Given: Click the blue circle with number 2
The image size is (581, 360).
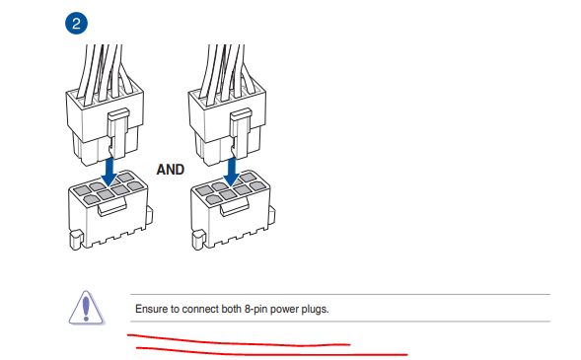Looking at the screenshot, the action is (76, 24).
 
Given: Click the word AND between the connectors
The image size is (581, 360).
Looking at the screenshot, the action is (170, 170).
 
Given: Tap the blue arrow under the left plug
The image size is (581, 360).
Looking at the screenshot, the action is (109, 172).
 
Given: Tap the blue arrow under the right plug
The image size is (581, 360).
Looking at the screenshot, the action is (232, 172).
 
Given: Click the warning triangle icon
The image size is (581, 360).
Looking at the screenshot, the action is (87, 308).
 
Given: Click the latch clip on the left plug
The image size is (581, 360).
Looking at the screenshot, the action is (118, 132).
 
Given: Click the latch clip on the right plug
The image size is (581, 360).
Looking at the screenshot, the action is (241, 132).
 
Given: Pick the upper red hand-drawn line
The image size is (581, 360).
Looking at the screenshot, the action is (239, 342).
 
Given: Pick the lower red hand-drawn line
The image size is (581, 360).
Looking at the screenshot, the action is (271, 352).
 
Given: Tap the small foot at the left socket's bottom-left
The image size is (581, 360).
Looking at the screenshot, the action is (76, 240).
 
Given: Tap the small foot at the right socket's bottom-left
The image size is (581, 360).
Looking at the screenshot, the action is (198, 240).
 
